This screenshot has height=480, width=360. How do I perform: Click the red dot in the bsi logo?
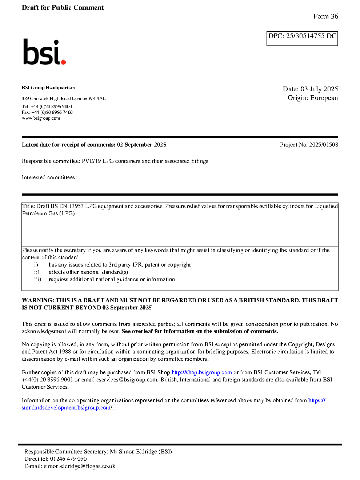[x=64, y=62]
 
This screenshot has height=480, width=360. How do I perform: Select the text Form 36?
[x=325, y=16]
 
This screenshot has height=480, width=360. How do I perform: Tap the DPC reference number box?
[x=302, y=39]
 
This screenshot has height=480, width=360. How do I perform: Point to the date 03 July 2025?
[x=319, y=89]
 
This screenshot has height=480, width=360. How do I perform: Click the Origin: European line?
[x=313, y=98]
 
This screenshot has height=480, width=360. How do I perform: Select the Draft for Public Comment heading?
[x=63, y=8]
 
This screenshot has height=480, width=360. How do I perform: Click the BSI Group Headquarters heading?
[x=48, y=88]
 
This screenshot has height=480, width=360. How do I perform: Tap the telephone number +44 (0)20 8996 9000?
[x=51, y=107]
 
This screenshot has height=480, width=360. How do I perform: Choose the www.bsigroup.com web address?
[x=41, y=118]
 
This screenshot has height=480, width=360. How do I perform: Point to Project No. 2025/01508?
[x=309, y=145]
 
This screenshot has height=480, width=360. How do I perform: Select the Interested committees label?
[x=49, y=177]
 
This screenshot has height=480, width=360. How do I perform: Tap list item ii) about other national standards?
[x=88, y=272]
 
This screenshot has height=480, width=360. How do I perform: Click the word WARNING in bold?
[x=38, y=300]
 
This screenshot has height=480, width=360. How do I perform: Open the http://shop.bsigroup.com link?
[x=201, y=372]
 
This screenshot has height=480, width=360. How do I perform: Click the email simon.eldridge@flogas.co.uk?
[x=79, y=466]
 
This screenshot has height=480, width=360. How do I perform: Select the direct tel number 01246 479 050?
[x=68, y=459]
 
